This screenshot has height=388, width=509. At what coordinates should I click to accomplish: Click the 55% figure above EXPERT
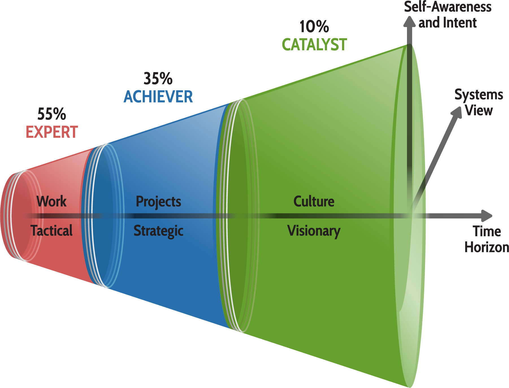click(52, 114)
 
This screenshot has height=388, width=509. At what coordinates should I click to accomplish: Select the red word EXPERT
click(52, 132)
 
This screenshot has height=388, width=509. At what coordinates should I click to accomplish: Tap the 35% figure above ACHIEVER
click(158, 79)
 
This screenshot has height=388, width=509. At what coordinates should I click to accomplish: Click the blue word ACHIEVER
click(158, 97)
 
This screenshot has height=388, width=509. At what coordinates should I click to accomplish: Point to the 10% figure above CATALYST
click(314, 27)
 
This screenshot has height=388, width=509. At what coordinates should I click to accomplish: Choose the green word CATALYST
click(314, 45)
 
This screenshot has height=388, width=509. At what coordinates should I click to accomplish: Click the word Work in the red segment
click(51, 201)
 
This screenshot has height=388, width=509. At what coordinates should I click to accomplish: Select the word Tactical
click(51, 231)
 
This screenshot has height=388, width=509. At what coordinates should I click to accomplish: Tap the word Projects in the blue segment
click(158, 202)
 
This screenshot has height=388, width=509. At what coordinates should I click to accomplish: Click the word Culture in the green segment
click(314, 201)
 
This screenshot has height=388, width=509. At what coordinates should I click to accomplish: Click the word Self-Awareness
click(448, 7)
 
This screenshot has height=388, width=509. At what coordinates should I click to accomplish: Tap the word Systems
click(479, 95)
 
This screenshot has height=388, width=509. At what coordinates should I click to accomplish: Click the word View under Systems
click(479, 110)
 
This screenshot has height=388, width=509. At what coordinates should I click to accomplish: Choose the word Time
click(487, 231)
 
